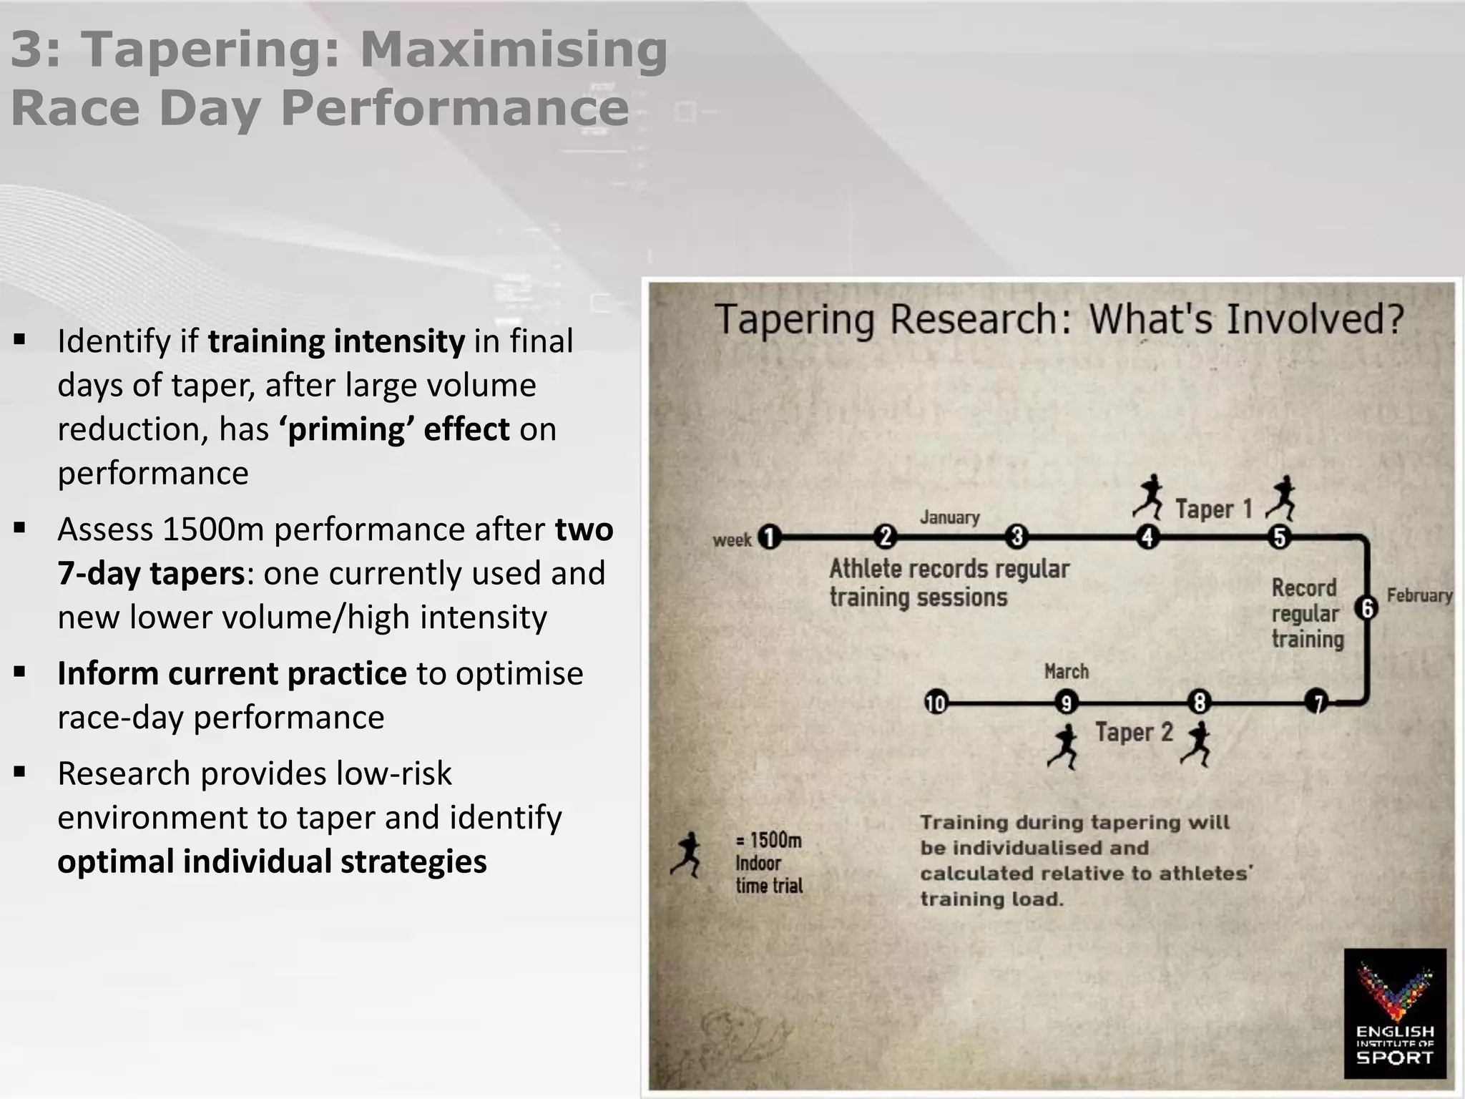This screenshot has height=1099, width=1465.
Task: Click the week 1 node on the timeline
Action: [x=769, y=537]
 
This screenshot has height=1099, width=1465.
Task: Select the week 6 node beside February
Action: [x=1367, y=608]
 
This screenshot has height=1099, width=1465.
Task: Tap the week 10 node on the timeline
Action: [x=936, y=703]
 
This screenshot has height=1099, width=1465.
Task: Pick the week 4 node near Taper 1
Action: [x=1148, y=537]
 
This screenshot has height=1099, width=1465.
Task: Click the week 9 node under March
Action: [x=1066, y=703]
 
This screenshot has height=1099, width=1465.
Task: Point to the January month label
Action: [x=949, y=517]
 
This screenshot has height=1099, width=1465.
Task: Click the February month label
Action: [x=1419, y=595]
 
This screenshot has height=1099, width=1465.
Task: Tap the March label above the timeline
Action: [x=1066, y=672]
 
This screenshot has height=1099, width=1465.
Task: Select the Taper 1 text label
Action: [x=1214, y=509]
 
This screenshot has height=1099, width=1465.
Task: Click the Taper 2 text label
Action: [x=1134, y=733]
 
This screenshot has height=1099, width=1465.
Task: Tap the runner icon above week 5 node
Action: [x=1280, y=498]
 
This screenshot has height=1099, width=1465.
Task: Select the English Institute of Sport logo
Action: [x=1395, y=1013]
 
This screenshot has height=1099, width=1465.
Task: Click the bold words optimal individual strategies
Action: [x=272, y=861]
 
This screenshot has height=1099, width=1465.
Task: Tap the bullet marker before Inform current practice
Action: [x=20, y=673]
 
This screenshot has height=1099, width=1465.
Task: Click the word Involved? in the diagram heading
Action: [x=1315, y=319]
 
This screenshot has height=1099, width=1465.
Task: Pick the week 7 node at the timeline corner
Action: [x=1317, y=703]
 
